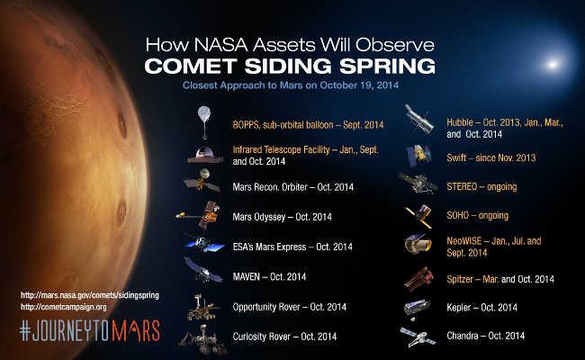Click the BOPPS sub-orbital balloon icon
(x=204, y=121)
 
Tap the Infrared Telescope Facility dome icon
(x=204, y=154)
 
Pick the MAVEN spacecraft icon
(x=203, y=272)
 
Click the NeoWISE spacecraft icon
(x=419, y=244)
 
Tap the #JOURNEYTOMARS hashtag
(x=89, y=329)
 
